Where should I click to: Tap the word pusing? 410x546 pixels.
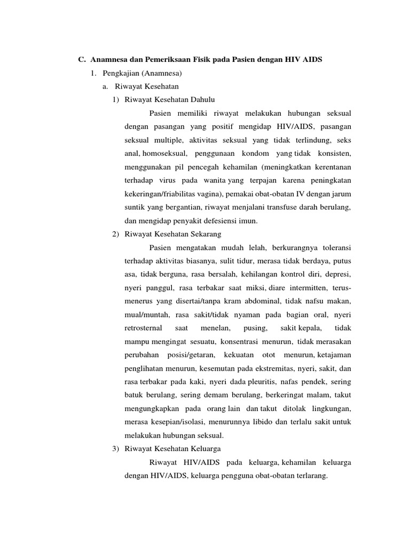(x=255, y=327)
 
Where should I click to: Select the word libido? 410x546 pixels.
(x=255, y=422)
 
